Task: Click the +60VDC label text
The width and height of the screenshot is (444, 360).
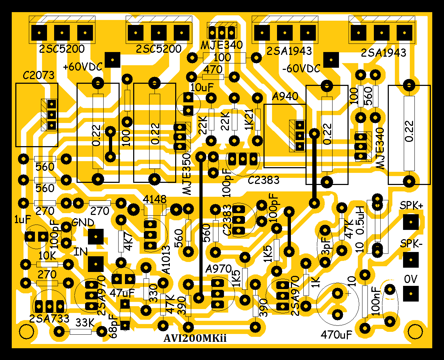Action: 83,67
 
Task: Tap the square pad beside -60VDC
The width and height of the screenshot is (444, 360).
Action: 331,60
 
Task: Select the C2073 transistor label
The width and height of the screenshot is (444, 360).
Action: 38,75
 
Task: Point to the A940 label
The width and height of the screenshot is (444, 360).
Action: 285,97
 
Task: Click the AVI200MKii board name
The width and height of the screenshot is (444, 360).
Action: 195,338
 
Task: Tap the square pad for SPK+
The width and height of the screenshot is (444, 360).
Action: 411,222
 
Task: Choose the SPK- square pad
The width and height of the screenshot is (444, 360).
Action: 411,260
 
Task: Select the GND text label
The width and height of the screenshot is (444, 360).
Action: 83,223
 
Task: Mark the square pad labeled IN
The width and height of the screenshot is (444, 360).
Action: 96,264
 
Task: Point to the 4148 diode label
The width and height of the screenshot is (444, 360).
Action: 155,199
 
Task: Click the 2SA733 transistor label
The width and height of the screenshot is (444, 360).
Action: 49,319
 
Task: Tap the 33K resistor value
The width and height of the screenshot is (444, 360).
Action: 85,323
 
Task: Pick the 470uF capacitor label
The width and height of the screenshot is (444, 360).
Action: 336,335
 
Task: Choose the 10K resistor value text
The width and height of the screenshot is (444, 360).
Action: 47,256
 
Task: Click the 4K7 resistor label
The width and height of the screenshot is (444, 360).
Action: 128,242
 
